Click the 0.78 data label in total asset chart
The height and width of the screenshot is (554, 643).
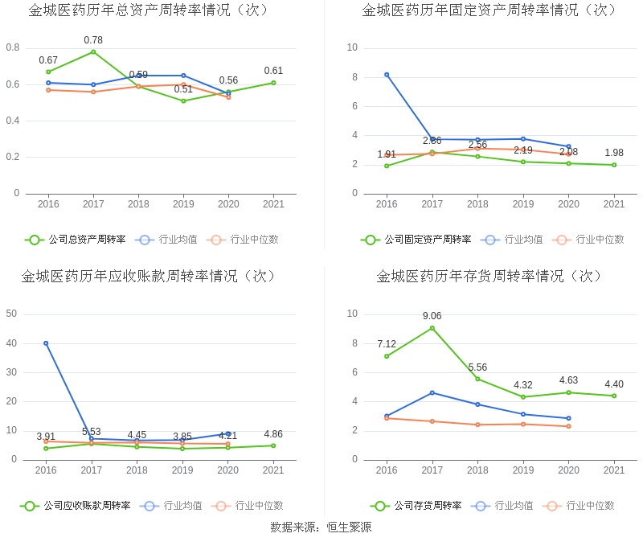93,40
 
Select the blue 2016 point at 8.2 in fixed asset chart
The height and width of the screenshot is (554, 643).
387,75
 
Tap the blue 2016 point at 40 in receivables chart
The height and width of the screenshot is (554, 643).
46,343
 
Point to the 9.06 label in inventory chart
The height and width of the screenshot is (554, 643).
432,316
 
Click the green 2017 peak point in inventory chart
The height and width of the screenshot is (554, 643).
432,328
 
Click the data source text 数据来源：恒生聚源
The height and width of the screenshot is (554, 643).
321,527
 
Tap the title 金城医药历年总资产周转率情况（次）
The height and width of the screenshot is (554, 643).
149,10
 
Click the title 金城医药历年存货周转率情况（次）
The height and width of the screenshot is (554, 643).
489,277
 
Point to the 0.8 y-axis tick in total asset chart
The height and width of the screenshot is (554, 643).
13,48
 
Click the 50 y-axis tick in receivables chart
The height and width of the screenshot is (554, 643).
11,314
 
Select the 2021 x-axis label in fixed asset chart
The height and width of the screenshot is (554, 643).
614,204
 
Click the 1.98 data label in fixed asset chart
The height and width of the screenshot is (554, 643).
614,153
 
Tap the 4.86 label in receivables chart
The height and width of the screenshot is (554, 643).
273,434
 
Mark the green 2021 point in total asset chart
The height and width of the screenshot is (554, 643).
273,83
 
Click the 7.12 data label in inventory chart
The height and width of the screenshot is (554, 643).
387,344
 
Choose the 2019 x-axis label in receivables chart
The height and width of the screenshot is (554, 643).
182,470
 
